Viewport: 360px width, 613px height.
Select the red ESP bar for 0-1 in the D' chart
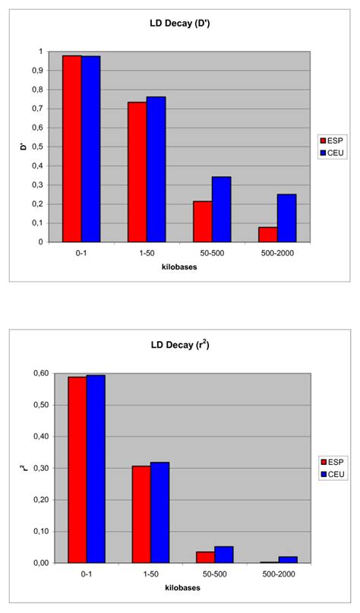tap(72, 149)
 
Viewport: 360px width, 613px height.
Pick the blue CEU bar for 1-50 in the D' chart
tap(156, 169)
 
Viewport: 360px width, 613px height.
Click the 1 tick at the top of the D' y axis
tap(40, 52)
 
